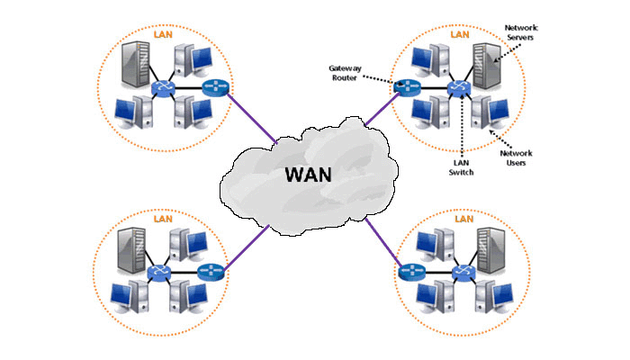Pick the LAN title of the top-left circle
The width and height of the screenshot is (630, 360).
point(165,32)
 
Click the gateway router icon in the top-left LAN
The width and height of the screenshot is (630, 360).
point(215,87)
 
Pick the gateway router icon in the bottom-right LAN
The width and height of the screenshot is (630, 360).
point(413,270)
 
